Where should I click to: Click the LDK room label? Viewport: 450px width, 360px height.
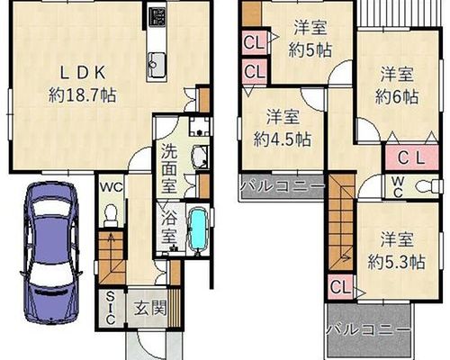(83, 73)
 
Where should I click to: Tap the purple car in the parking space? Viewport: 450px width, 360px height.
(51, 253)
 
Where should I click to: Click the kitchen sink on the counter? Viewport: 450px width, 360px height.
(157, 65)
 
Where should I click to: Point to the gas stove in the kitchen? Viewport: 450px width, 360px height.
(157, 16)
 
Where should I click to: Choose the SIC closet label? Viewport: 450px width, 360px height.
(111, 309)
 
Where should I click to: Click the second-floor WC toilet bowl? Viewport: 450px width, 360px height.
(428, 186)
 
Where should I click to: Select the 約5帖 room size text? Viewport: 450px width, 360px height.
(310, 50)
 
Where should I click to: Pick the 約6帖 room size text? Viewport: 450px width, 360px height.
(397, 97)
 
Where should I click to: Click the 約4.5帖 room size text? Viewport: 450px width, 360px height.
(282, 139)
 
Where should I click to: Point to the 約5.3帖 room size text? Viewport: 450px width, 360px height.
(396, 263)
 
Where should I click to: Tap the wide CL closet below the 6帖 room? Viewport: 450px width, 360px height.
(412, 158)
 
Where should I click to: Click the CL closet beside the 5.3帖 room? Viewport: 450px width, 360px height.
(340, 287)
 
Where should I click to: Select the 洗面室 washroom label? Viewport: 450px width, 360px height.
(170, 168)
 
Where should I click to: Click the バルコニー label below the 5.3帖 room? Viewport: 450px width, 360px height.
(368, 330)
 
